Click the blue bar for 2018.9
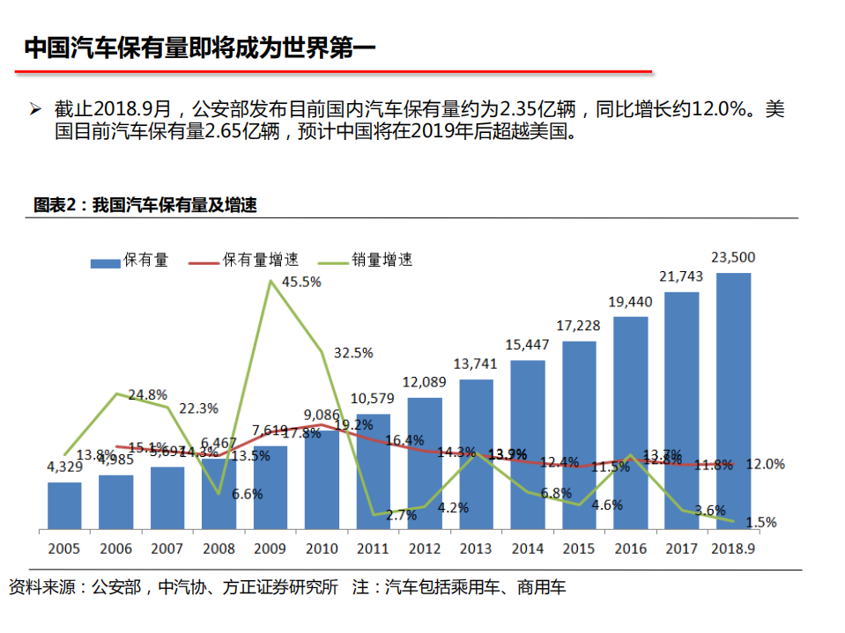point(733,401)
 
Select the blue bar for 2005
point(64,506)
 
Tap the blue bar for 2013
point(476,455)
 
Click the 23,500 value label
point(733,258)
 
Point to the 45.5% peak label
point(301,283)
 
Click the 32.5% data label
point(353,352)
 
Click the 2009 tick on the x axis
point(270,548)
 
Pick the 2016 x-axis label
point(630,548)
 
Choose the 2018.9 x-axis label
point(733,548)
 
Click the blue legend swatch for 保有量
point(105,261)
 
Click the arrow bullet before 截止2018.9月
point(35,110)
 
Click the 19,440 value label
point(630,302)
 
